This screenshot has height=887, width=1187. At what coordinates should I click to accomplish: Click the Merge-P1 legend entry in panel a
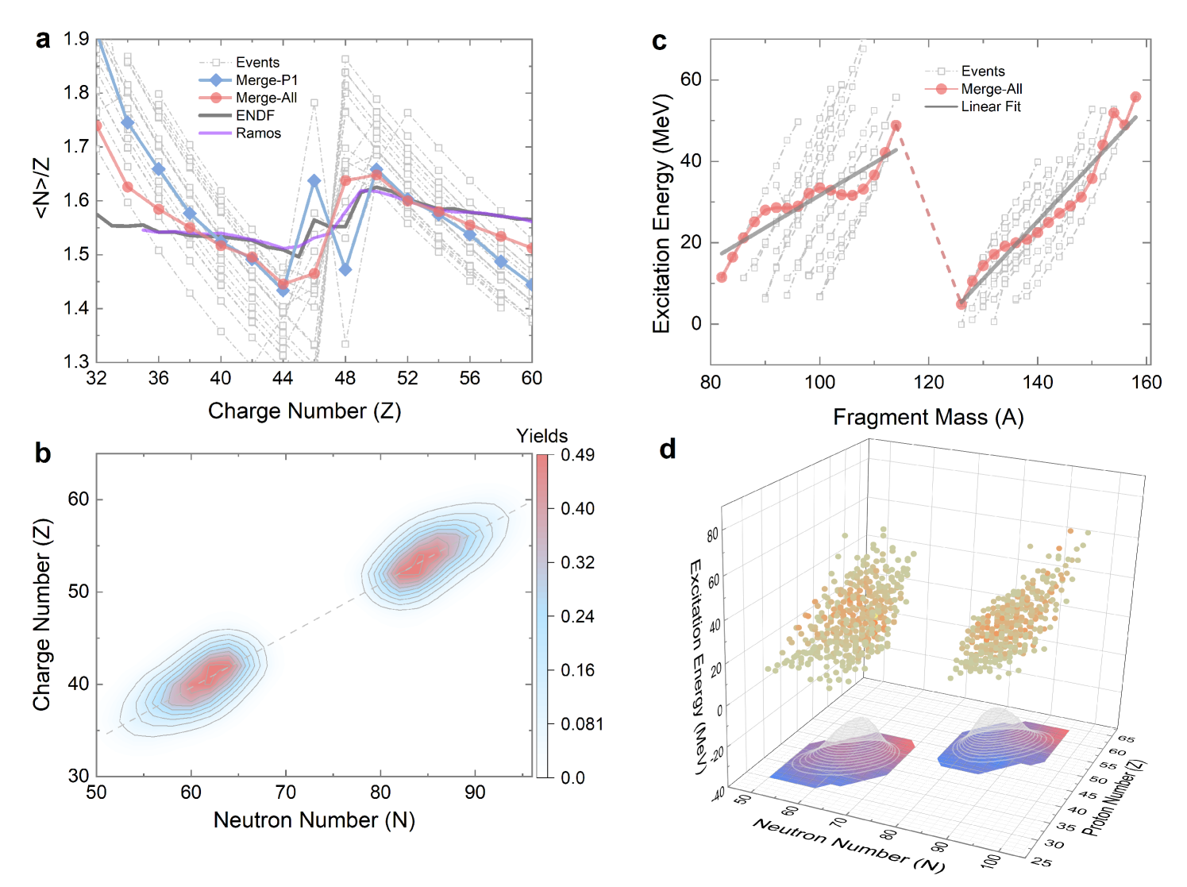(266, 80)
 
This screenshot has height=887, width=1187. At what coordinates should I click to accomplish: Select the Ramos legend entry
(258, 133)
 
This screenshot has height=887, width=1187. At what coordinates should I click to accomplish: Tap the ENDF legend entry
(255, 115)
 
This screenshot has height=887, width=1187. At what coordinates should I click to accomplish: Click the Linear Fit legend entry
(990, 106)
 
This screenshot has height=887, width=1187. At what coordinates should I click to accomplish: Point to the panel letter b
(42, 453)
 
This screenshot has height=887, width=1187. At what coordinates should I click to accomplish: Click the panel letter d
(668, 449)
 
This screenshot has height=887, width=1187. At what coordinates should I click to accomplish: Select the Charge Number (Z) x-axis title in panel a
(304, 411)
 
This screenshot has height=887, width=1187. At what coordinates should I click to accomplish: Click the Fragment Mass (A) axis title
(927, 417)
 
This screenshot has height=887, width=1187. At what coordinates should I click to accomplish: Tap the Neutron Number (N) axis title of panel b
(314, 820)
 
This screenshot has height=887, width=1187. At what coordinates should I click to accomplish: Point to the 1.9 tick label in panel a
(76, 39)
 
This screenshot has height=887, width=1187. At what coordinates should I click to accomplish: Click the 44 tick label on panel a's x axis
(283, 378)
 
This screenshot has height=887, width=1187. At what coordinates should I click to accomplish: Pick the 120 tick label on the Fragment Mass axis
(928, 383)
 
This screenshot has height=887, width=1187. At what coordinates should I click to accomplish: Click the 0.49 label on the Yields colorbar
(577, 455)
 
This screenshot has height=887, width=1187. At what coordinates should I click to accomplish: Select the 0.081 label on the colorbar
(581, 724)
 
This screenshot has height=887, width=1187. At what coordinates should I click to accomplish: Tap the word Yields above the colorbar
(541, 436)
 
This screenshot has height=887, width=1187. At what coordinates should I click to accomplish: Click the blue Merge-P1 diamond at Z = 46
(314, 181)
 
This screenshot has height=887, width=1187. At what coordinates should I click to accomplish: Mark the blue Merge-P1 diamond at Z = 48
(345, 270)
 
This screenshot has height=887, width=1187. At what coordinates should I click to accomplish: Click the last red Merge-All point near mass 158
(1135, 97)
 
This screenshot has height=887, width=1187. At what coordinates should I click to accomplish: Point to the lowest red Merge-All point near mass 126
(962, 304)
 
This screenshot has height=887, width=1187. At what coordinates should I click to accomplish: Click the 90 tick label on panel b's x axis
(475, 793)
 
